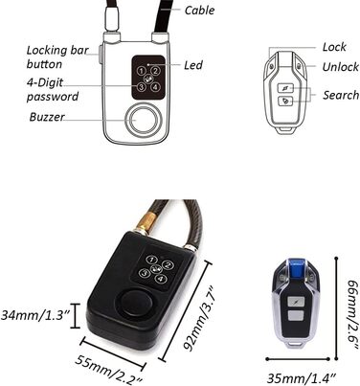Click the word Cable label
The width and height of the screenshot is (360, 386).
199,11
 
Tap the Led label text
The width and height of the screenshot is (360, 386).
193,65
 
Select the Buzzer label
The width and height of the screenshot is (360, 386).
47,117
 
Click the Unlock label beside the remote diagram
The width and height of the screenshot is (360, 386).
340,67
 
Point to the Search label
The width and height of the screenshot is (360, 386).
341,95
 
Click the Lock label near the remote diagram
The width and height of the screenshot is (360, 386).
334,47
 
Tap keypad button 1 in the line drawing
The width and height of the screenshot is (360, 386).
142,71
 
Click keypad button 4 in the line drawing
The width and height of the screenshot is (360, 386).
155,86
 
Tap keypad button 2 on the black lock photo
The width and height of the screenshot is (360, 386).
168,264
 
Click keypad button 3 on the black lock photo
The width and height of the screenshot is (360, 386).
145,273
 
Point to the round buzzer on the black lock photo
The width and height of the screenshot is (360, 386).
135,303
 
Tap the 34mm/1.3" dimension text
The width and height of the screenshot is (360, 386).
35,315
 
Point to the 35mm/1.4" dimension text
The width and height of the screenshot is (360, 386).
302,378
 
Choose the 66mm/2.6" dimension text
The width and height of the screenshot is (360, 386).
352,314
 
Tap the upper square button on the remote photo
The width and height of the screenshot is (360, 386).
296,302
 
